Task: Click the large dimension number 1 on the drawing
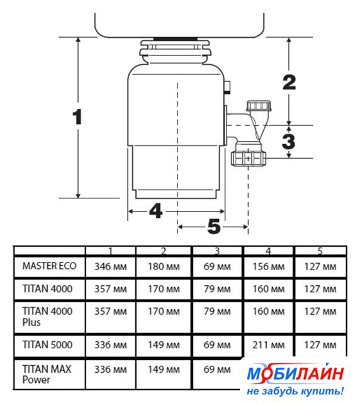77,117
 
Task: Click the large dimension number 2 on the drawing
289,82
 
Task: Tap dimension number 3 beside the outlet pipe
288,141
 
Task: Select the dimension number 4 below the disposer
155,211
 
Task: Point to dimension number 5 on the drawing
214,227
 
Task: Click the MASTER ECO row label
49,266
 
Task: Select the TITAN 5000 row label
47,344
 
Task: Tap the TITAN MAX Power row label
47,375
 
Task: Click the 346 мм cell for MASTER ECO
111,266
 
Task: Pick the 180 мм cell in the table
164,266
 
